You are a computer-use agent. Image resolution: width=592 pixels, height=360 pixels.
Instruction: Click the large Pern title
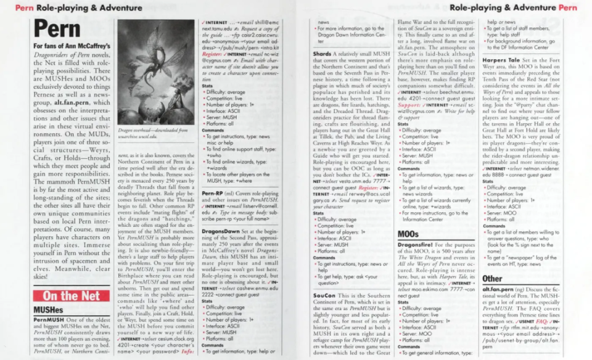pyautogui.click(x=57, y=30)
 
